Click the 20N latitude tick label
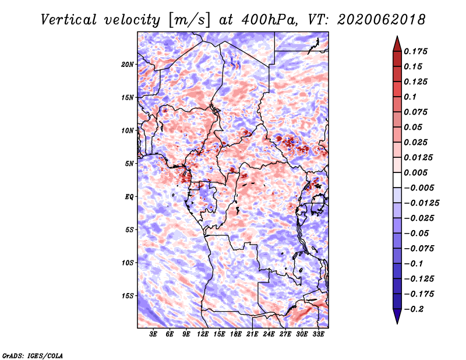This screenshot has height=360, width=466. (x=128, y=65)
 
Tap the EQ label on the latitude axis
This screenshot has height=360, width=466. (x=129, y=197)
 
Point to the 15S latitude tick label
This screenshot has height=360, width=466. (x=128, y=296)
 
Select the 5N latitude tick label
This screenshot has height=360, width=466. (x=129, y=164)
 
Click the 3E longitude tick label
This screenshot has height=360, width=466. (x=153, y=334)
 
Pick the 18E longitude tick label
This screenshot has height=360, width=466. (x=236, y=334)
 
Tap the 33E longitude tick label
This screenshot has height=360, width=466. (x=318, y=334)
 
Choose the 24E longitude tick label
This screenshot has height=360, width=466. (x=269, y=334)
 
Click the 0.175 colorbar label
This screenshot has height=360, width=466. (x=415, y=51)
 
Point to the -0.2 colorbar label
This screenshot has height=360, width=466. (x=414, y=309)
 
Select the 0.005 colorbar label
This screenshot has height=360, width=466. (x=415, y=172)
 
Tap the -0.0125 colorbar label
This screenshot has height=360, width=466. (x=421, y=203)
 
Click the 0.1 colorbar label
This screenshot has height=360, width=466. (x=410, y=97)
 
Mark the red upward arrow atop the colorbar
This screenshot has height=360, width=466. (x=397, y=44)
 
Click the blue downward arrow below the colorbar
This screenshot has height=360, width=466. (x=397, y=316)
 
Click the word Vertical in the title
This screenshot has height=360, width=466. (x=69, y=20)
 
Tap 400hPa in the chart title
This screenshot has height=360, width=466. (x=270, y=20)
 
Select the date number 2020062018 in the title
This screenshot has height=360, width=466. (x=382, y=20)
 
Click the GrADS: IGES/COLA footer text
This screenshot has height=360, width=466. (x=33, y=356)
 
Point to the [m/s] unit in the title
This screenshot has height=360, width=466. (x=189, y=20)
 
